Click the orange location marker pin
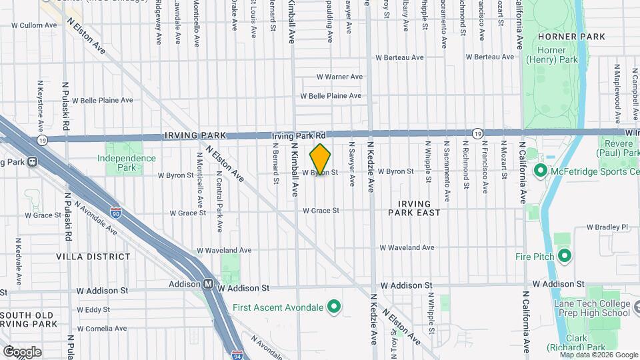point(321,159)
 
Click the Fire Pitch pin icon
point(565,256)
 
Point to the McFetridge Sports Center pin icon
point(540,171)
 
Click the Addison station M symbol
point(209,283)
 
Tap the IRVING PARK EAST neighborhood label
point(415,208)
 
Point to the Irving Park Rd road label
point(299,135)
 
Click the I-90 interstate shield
point(116,213)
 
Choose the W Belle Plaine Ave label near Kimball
point(333,96)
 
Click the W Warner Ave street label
point(339,77)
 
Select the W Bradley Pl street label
point(607,227)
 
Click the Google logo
point(22,351)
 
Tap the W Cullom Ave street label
point(35,25)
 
